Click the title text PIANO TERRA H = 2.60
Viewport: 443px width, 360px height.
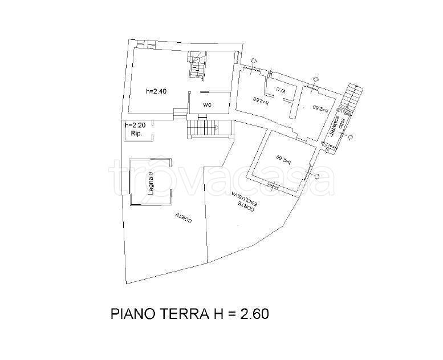[x=189, y=313]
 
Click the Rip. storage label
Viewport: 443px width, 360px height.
[x=136, y=134]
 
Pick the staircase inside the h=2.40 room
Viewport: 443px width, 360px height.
[x=197, y=66]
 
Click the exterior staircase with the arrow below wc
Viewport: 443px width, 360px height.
[x=203, y=128]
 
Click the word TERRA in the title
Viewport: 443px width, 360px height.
[x=172, y=313]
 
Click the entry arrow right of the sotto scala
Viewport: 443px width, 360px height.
[x=349, y=136]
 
